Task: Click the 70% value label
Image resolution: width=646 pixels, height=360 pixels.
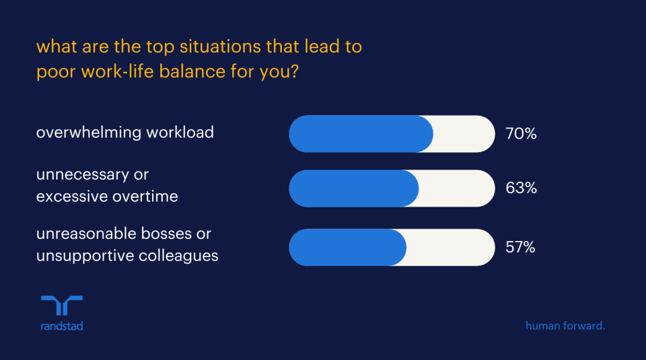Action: click(x=521, y=134)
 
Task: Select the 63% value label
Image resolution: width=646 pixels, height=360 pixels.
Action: click(x=521, y=188)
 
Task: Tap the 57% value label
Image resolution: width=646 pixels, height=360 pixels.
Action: click(x=520, y=248)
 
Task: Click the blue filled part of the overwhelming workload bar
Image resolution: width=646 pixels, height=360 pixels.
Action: click(x=361, y=134)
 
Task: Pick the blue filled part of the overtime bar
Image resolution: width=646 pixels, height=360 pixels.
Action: click(x=353, y=188)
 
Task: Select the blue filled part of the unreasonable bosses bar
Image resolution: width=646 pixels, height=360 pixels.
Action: click(x=347, y=248)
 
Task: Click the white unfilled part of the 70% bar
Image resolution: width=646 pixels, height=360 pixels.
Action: click(x=464, y=134)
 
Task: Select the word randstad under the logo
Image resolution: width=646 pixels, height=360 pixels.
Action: click(x=61, y=326)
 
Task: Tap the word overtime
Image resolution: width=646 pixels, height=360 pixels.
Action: click(x=146, y=196)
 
